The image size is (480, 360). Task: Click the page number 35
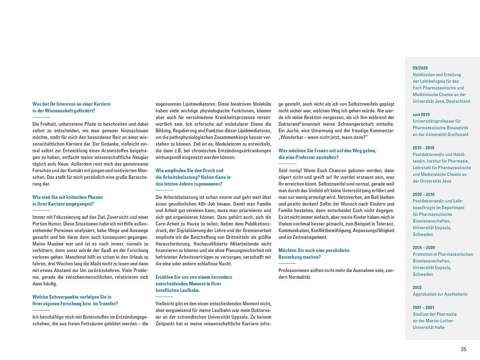point(464,349)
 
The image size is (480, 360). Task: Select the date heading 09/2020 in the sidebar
point(420,68)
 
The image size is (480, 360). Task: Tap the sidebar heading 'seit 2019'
point(421,114)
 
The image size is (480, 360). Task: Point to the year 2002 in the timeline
point(417,287)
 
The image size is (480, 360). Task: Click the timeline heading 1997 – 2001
point(424,307)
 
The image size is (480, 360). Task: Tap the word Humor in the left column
point(51,223)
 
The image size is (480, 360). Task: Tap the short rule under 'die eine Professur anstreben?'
point(287,164)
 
